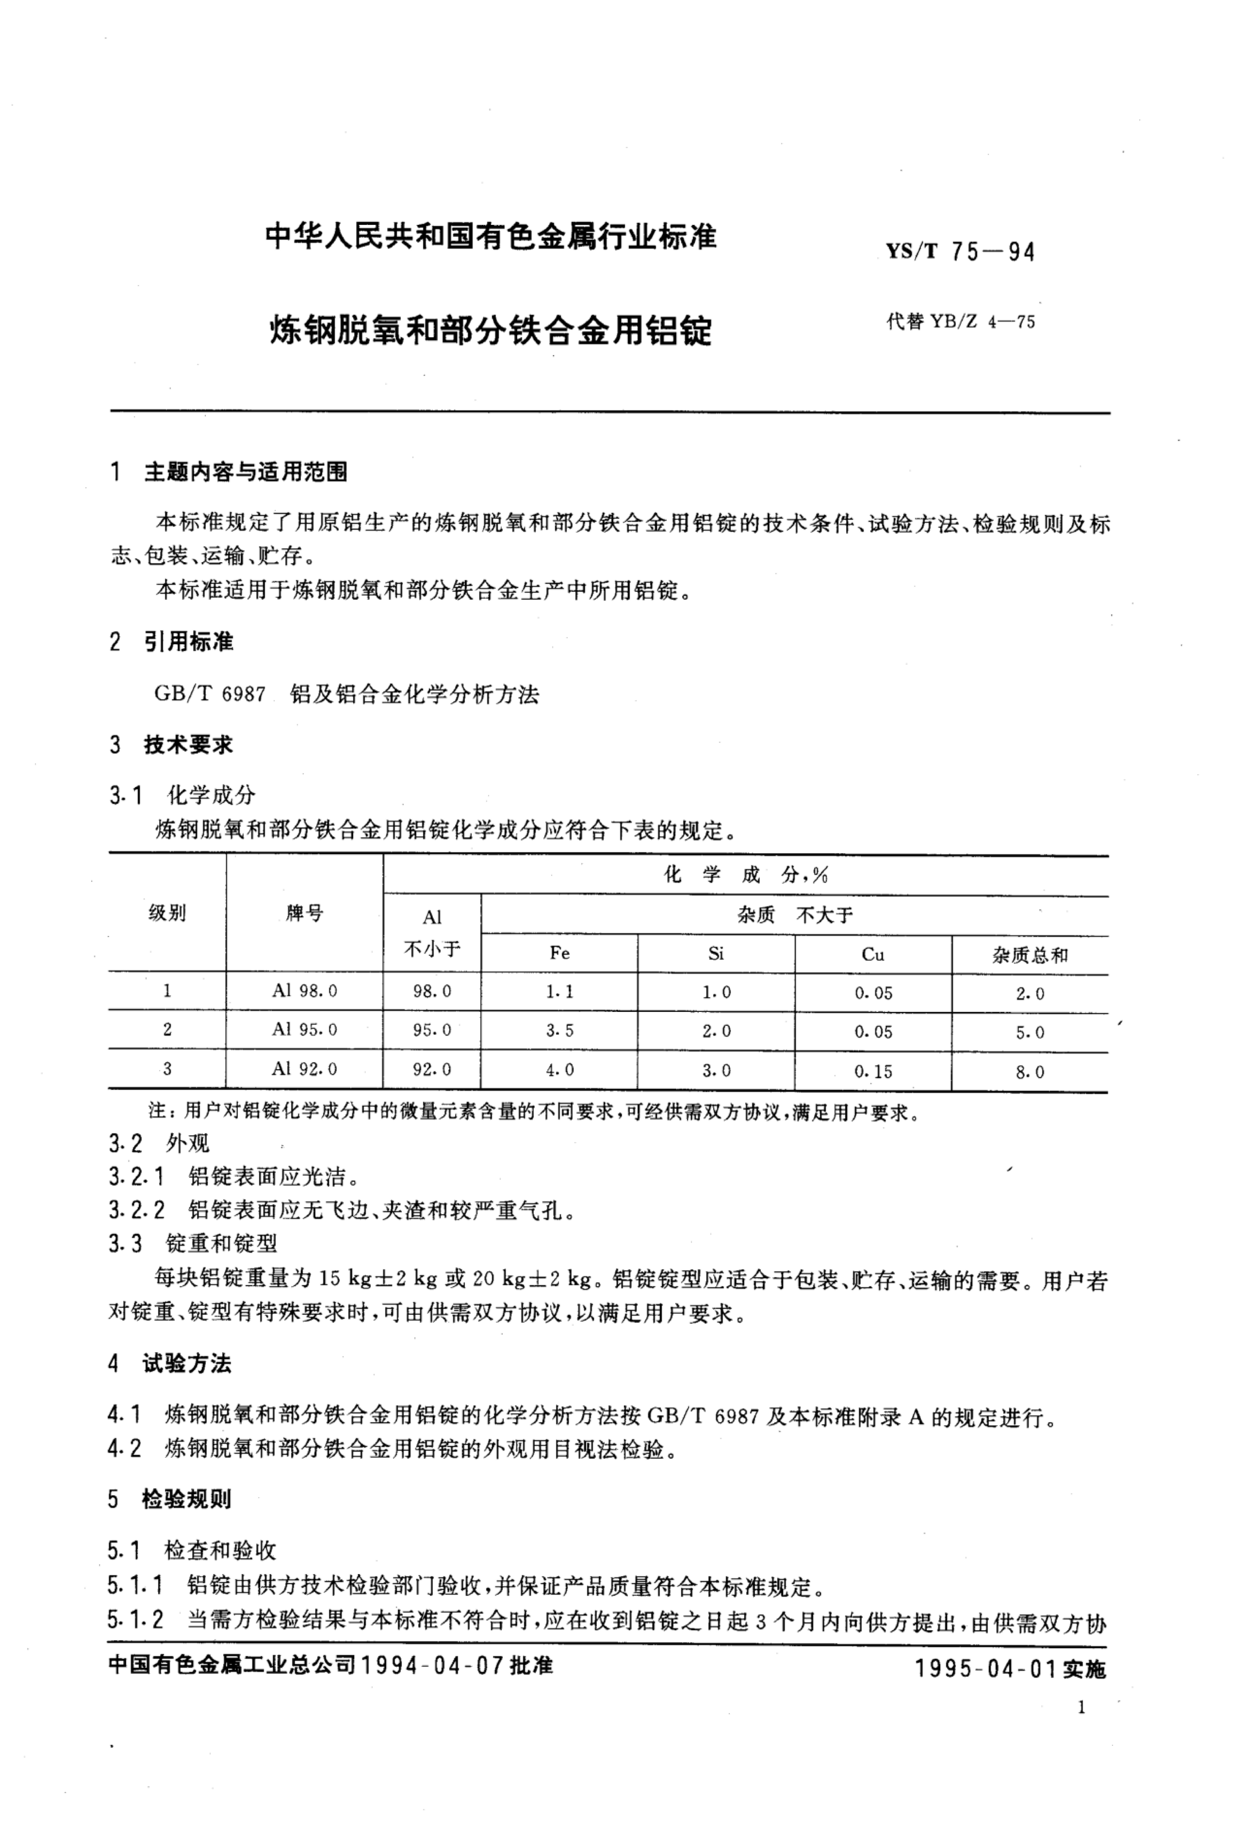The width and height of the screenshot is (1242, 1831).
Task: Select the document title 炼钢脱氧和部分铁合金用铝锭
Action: pos(490,330)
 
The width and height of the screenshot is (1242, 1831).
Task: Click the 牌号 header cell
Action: pos(304,913)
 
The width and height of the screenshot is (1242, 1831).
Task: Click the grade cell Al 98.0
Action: pos(304,990)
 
